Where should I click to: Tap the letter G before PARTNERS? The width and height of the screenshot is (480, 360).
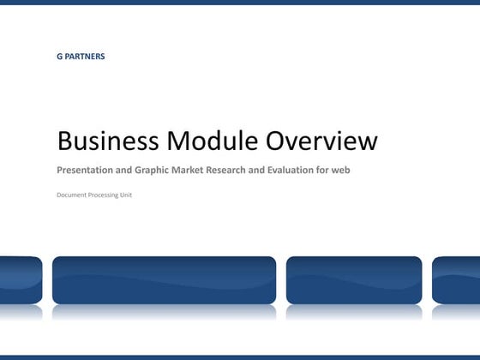pyautogui.click(x=60, y=57)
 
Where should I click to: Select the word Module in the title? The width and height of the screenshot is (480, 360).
pyautogui.click(x=211, y=141)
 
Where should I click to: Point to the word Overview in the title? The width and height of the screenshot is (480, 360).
pyautogui.click(x=321, y=141)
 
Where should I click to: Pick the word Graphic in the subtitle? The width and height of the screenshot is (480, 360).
pyautogui.click(x=153, y=170)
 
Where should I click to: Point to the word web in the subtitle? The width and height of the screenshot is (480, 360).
pyautogui.click(x=341, y=170)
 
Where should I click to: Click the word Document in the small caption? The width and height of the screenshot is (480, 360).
pyautogui.click(x=72, y=195)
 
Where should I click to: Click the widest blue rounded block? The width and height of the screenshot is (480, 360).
pyautogui.click(x=165, y=280)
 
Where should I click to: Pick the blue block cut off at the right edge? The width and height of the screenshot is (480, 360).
pyautogui.click(x=456, y=280)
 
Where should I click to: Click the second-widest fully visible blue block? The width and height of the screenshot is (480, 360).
pyautogui.click(x=354, y=280)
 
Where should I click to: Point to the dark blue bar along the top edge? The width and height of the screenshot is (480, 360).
pyautogui.click(x=240, y=3)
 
